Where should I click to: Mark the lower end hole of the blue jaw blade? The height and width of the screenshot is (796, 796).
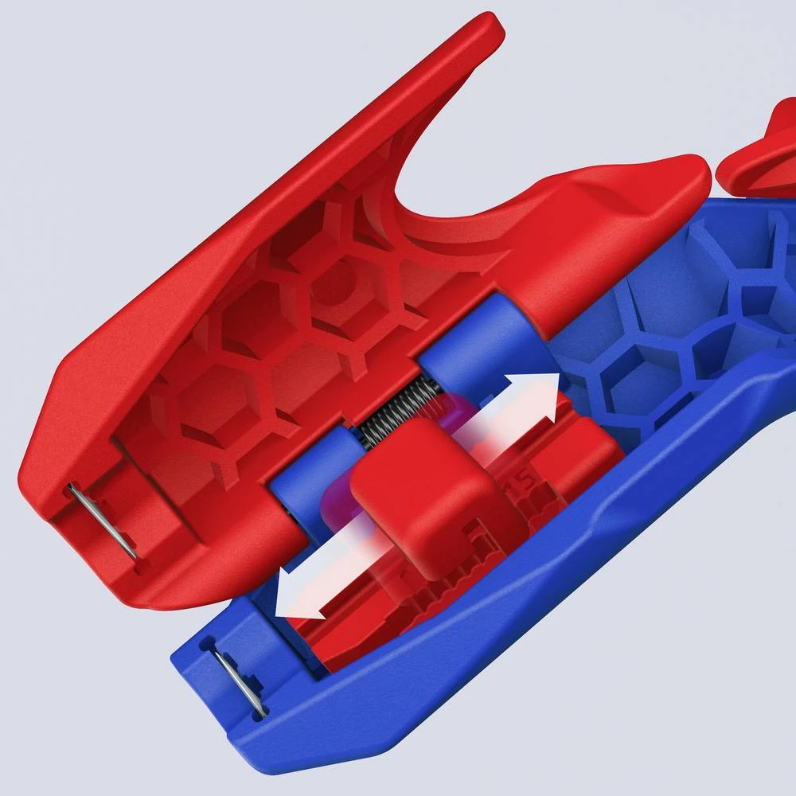click(259, 708)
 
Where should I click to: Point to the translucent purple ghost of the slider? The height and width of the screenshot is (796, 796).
click(446, 414)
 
